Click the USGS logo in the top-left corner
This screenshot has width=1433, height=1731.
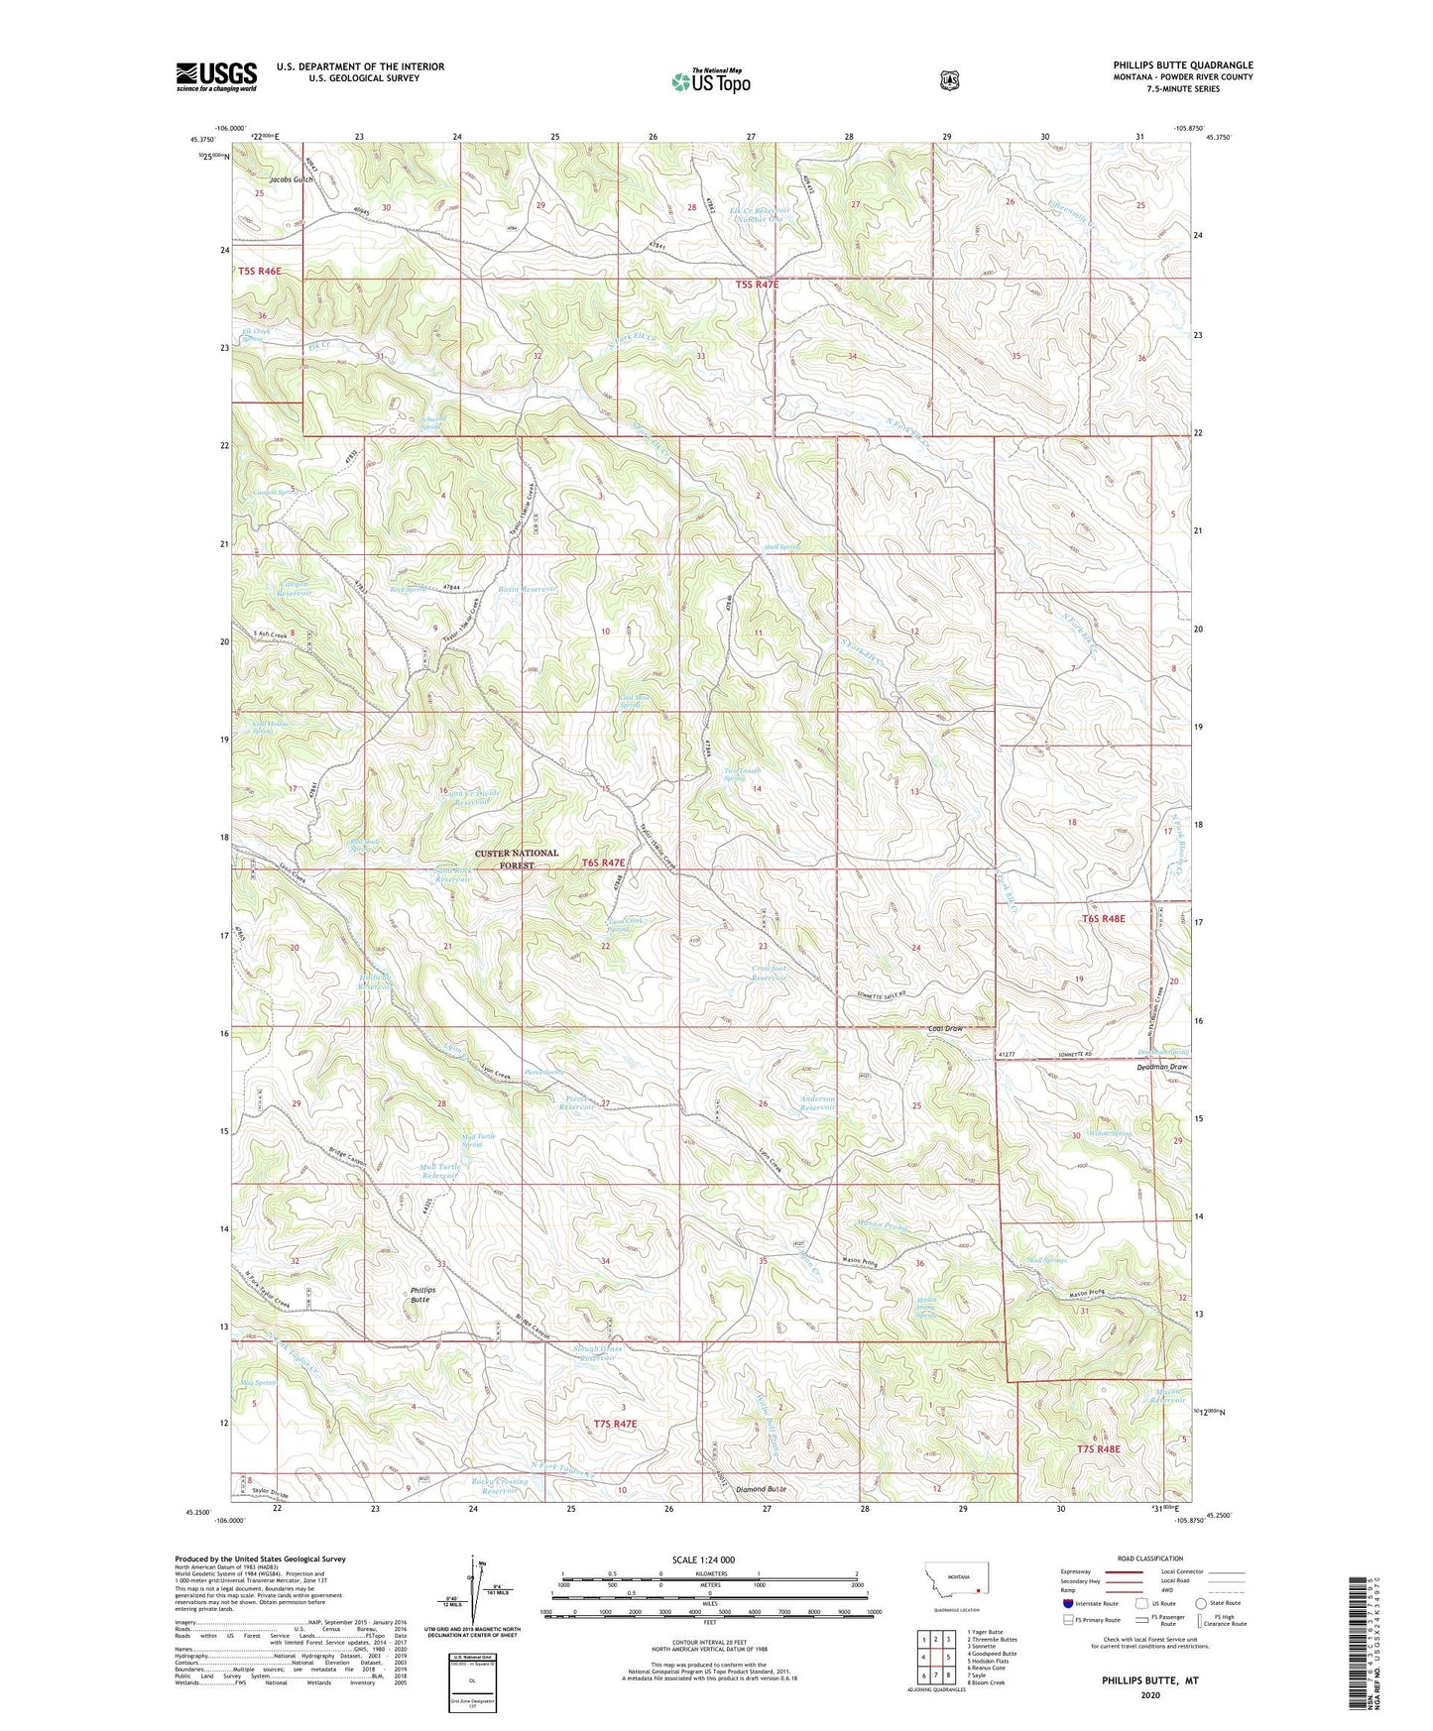(216, 76)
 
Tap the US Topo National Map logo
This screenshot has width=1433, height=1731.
(709, 81)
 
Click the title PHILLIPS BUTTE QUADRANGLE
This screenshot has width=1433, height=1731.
(1182, 65)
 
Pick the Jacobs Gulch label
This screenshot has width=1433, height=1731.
(292, 179)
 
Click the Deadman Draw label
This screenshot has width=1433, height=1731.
(1163, 1067)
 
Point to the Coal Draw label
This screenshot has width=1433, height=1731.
(945, 1029)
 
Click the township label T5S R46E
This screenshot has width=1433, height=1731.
(259, 271)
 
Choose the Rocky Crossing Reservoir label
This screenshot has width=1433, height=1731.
(500, 1486)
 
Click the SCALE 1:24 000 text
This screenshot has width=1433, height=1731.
(703, 1559)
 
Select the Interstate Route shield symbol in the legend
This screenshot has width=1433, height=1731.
(1068, 1603)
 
